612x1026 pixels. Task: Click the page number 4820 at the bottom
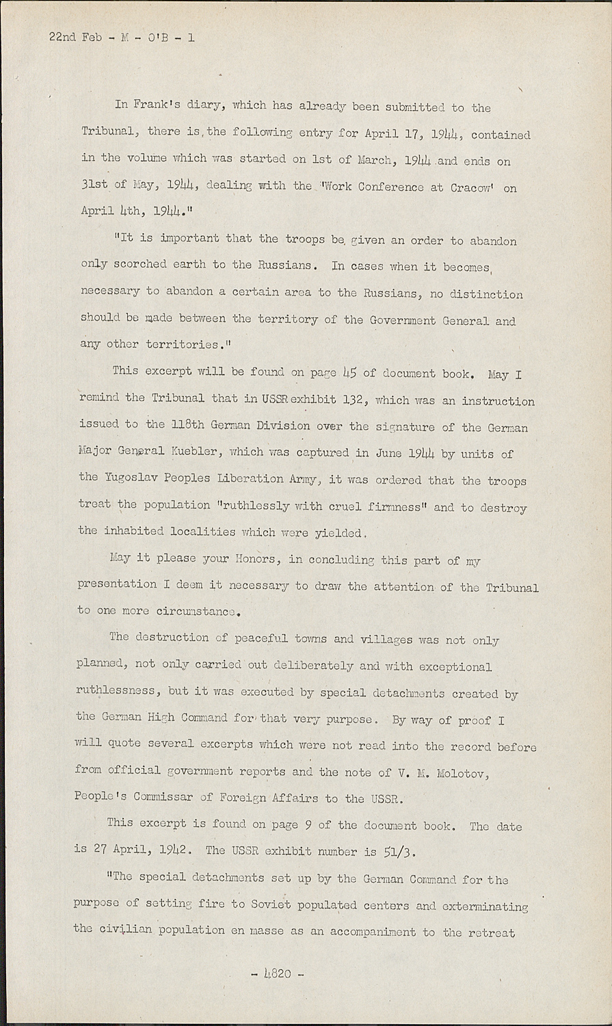[x=278, y=974]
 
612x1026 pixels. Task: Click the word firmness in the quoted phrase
[x=399, y=507]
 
